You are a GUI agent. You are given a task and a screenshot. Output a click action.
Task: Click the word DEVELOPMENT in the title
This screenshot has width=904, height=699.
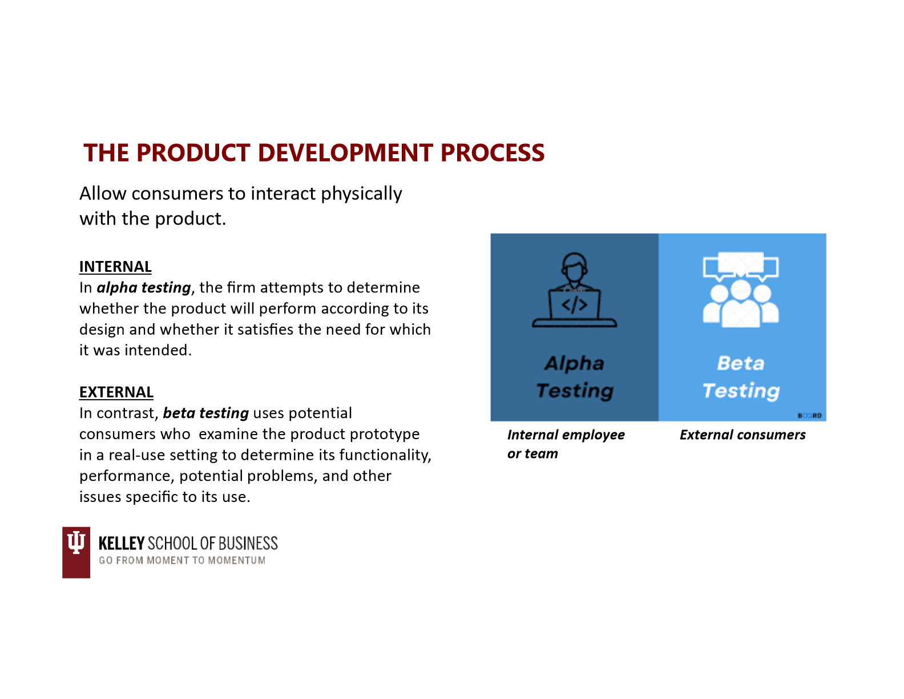tap(345, 152)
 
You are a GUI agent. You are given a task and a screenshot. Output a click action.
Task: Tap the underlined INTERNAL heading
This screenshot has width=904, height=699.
tap(115, 267)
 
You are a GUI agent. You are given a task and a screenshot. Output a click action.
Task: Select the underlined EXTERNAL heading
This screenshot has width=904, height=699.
tap(116, 392)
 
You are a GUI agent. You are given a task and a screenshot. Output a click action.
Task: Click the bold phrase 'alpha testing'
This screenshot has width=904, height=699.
tap(143, 288)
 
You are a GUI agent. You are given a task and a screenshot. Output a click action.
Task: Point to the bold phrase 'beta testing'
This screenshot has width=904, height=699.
tap(205, 413)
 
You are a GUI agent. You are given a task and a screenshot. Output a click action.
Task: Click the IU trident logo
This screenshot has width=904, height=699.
tap(76, 552)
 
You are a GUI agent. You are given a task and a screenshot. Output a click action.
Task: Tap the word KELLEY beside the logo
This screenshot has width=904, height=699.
tap(122, 543)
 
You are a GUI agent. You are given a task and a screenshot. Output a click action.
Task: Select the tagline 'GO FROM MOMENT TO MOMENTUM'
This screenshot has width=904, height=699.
tap(182, 560)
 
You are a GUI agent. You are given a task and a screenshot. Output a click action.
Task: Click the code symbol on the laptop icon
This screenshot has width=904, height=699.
tap(574, 305)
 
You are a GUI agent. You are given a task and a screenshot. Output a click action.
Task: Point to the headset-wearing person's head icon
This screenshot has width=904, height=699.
tap(574, 267)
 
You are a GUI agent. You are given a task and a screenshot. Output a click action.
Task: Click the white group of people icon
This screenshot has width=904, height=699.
tap(741, 305)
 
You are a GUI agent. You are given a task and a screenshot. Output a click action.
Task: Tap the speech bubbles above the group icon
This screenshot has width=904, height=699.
tap(741, 266)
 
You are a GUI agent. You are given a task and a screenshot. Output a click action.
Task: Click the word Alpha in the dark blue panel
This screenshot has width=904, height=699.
tap(574, 363)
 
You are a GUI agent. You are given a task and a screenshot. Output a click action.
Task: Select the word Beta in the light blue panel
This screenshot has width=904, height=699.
tap(741, 363)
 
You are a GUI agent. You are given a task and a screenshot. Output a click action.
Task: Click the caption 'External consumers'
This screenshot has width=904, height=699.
tap(742, 435)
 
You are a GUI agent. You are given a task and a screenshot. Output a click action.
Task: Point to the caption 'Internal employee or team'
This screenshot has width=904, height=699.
tap(566, 444)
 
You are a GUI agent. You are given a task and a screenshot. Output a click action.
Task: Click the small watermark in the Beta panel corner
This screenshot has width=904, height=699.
tap(809, 416)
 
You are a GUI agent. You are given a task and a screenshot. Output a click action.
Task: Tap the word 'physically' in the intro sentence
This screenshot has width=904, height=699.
tap(361, 194)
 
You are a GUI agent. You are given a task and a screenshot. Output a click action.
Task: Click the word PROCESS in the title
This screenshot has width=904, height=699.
tap(492, 152)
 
